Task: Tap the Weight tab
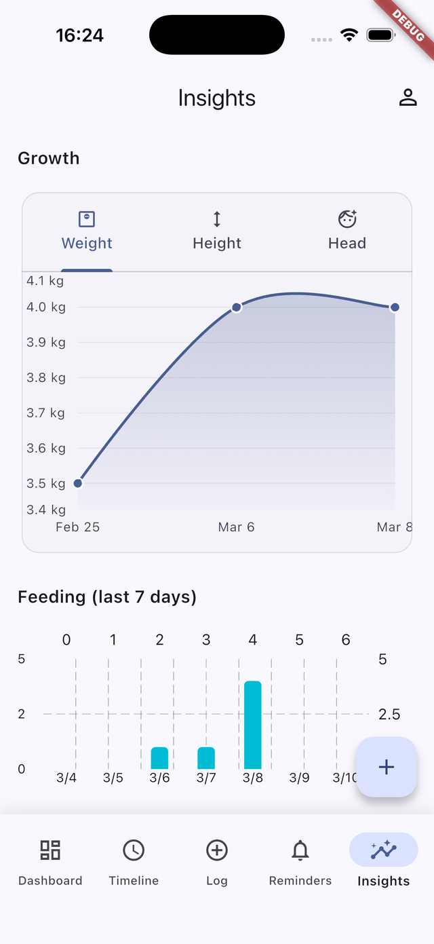[87, 231]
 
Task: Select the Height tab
[217, 231]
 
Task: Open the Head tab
[347, 231]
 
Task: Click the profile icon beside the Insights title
[408, 98]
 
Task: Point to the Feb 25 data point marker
[78, 483]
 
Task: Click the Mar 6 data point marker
[237, 307]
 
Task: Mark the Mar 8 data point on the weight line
[395, 307]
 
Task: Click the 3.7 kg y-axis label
[46, 413]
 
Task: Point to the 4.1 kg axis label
[45, 281]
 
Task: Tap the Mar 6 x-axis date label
[237, 527]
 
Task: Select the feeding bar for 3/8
[253, 725]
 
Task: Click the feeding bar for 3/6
[159, 758]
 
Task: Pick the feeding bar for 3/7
[206, 758]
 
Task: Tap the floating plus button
[386, 767]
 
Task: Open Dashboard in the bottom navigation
[50, 861]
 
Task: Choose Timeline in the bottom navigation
[134, 861]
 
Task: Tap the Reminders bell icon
[300, 850]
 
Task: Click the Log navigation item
[217, 861]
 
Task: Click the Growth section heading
[49, 158]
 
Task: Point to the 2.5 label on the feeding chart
[389, 714]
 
